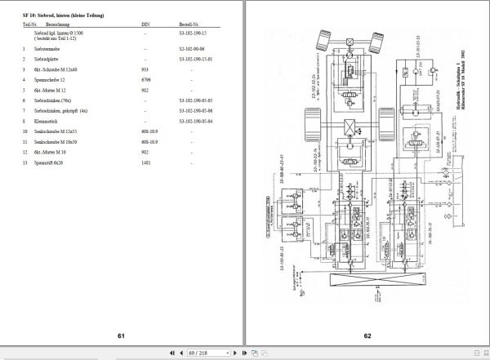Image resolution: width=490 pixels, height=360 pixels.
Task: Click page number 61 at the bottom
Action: coord(120,336)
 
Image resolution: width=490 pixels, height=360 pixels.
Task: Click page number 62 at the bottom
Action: coord(367,336)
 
